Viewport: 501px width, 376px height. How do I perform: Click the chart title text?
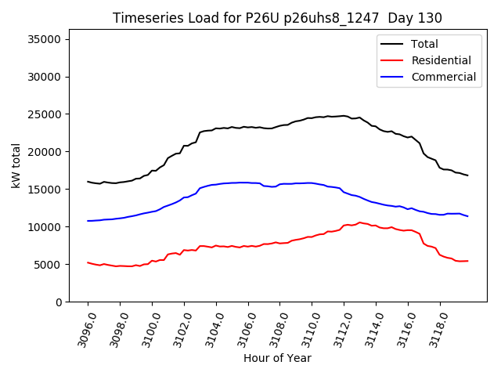277,18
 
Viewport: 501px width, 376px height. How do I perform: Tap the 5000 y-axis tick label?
55,265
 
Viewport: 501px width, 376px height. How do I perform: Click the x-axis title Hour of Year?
277,358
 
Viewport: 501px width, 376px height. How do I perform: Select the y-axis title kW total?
16,171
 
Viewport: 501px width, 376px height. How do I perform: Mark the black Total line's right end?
468,175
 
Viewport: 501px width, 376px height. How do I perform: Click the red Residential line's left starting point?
88,262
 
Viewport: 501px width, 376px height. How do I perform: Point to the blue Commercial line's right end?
468,216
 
